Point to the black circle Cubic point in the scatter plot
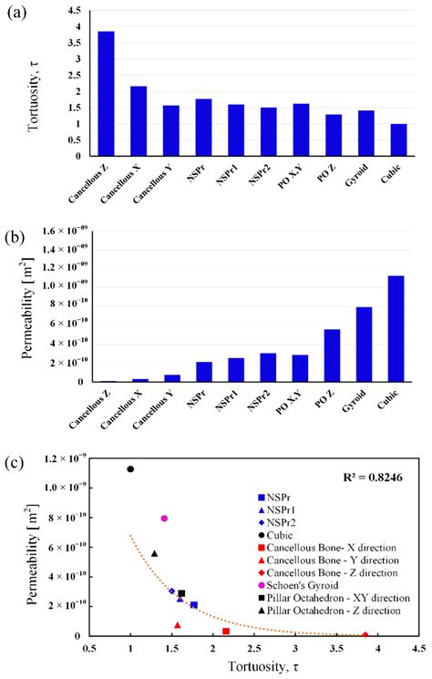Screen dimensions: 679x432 point(130,469)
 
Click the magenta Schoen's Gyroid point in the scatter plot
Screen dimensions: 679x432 point(164,518)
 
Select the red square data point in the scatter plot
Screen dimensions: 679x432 point(226,631)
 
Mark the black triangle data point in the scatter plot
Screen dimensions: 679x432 point(154,553)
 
